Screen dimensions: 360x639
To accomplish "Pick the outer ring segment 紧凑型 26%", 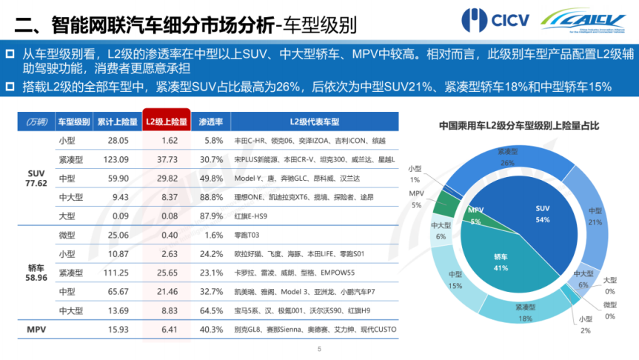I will point(507,157).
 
